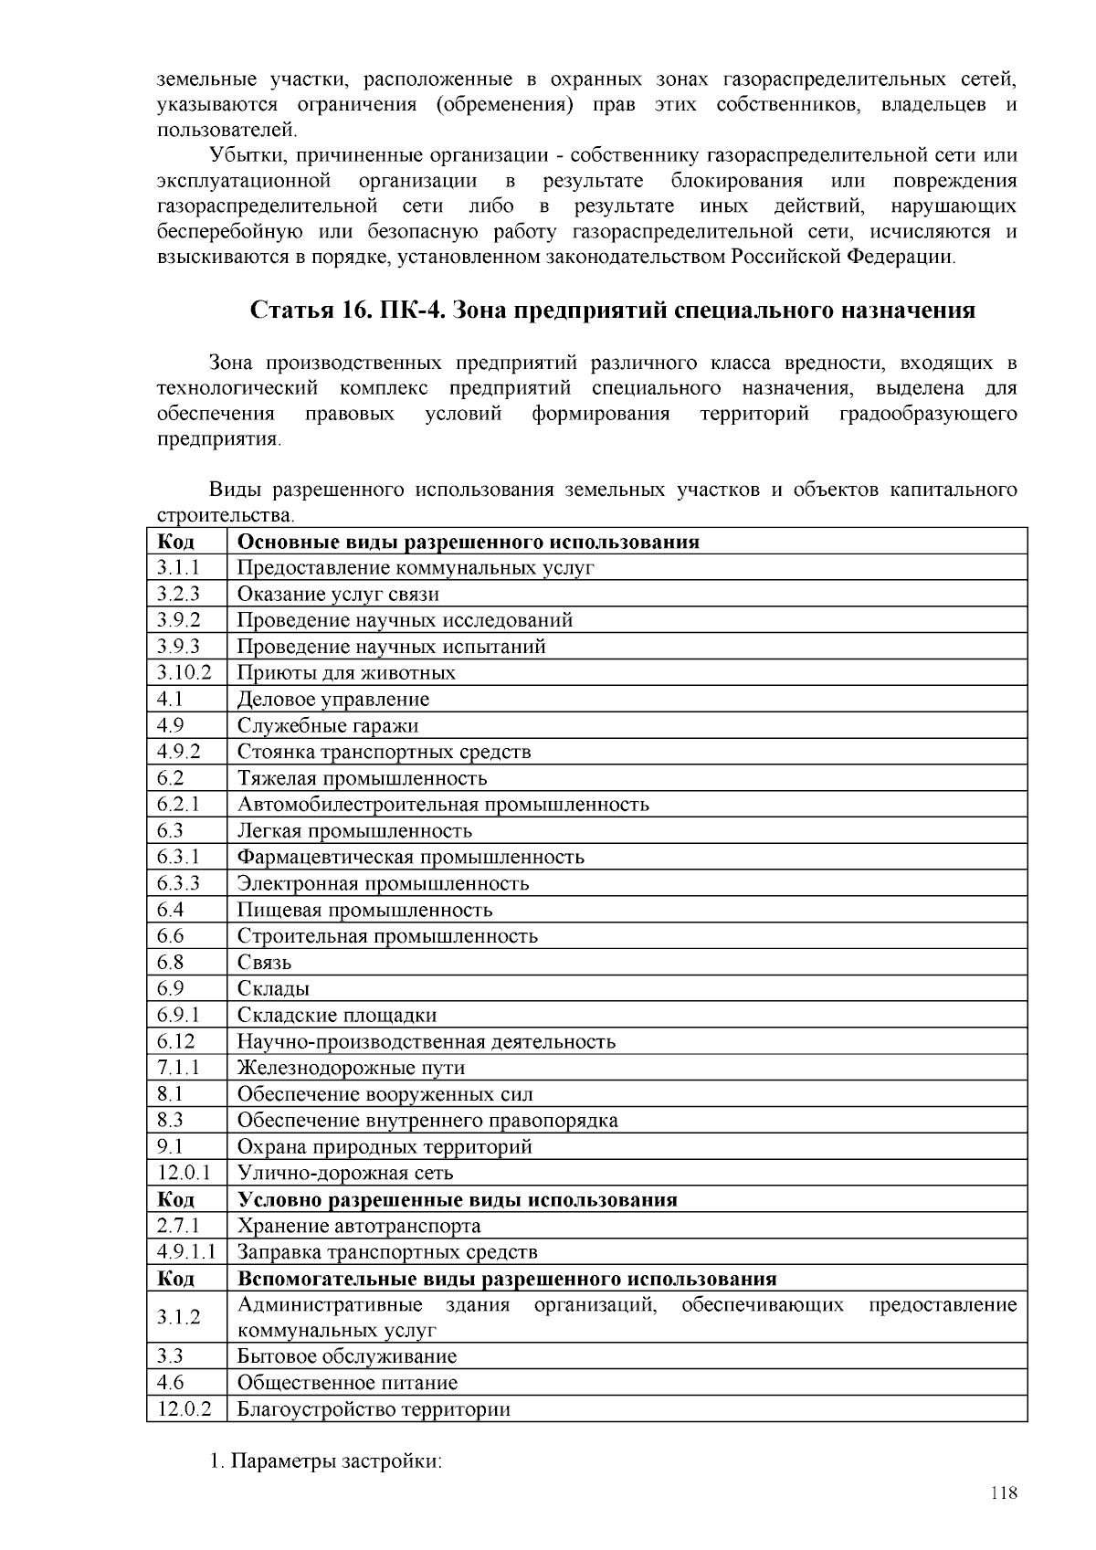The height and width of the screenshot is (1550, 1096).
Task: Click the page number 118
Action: pyautogui.click(x=1003, y=1493)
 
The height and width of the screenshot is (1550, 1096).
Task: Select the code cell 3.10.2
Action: pyautogui.click(x=184, y=673)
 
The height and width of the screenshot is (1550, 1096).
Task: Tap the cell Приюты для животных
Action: pyautogui.click(x=346, y=673)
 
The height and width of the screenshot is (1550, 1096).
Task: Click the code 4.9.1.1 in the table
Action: pyautogui.click(x=185, y=1252)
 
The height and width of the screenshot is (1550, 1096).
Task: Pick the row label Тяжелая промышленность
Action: pyautogui.click(x=362, y=778)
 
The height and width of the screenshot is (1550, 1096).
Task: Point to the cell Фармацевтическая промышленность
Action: pyautogui.click(x=410, y=857)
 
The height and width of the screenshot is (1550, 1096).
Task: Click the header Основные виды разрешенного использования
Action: pyautogui.click(x=468, y=542)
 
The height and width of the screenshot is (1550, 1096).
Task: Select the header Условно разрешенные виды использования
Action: pyautogui.click(x=457, y=1199)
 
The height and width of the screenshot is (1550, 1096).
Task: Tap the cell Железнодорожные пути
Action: pyautogui.click(x=351, y=1068)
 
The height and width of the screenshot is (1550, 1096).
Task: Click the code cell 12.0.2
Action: pyautogui.click(x=184, y=1409)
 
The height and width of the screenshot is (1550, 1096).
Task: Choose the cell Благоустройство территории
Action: pyautogui.click(x=374, y=1409)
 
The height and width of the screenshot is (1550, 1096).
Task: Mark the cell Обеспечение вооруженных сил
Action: pyautogui.click(x=385, y=1094)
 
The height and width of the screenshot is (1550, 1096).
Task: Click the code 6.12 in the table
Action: pyautogui.click(x=175, y=1041)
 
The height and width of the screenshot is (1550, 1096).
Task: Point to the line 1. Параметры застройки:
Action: pyautogui.click(x=325, y=1461)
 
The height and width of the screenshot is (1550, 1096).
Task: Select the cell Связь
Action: pyautogui.click(x=264, y=963)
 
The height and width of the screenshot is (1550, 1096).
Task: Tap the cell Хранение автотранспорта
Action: pyautogui.click(x=358, y=1226)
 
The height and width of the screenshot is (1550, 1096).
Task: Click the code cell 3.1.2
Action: pyautogui.click(x=178, y=1317)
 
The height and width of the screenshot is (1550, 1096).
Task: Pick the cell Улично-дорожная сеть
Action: pyautogui.click(x=345, y=1173)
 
